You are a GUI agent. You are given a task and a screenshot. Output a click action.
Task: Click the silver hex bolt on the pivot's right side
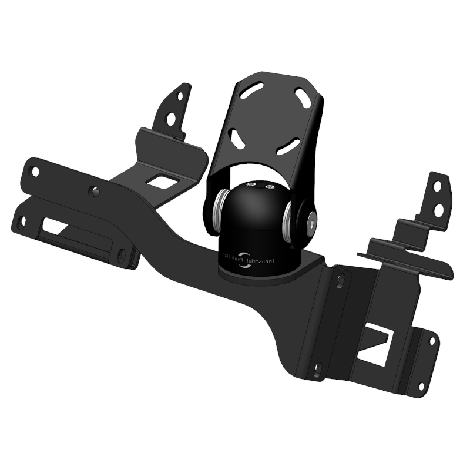coord(310,219)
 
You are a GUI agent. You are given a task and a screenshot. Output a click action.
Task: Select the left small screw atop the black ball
coord(252,186)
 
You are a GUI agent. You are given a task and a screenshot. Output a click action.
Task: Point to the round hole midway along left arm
coord(93,192)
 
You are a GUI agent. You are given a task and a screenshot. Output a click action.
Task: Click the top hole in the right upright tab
coord(437,186)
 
